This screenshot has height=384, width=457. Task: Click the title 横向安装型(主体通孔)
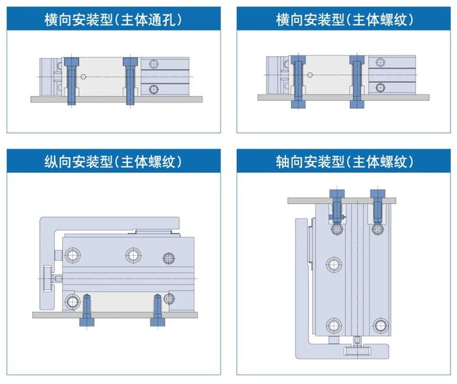pos(114,20)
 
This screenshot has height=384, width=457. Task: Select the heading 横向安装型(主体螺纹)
pos(343,20)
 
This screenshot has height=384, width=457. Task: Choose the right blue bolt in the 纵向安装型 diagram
pos(157,311)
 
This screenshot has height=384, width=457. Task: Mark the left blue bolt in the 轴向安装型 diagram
pos(336,205)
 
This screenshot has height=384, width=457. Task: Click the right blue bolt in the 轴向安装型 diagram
pos(377,205)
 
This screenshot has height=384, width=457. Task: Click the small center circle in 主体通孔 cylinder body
pos(84,77)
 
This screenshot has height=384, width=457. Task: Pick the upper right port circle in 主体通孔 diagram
pos(153,64)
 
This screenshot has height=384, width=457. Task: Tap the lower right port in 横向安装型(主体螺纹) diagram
pos(381,87)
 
